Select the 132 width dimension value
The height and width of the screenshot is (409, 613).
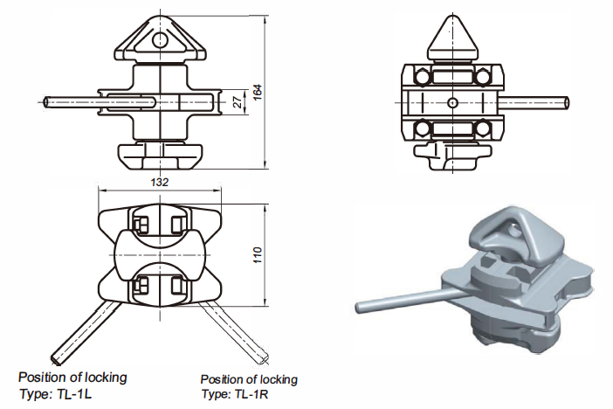point(160,182)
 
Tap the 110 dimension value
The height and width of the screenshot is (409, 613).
point(258,256)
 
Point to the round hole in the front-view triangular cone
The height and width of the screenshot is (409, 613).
point(159,39)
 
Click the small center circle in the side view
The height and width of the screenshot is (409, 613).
point(451,103)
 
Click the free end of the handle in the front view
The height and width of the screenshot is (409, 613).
point(48,102)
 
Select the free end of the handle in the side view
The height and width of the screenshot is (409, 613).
point(568,103)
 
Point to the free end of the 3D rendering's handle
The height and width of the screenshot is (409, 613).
point(360,308)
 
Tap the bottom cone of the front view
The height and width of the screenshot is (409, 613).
point(159,157)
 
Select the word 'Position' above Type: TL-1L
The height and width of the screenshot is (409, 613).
point(43,378)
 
